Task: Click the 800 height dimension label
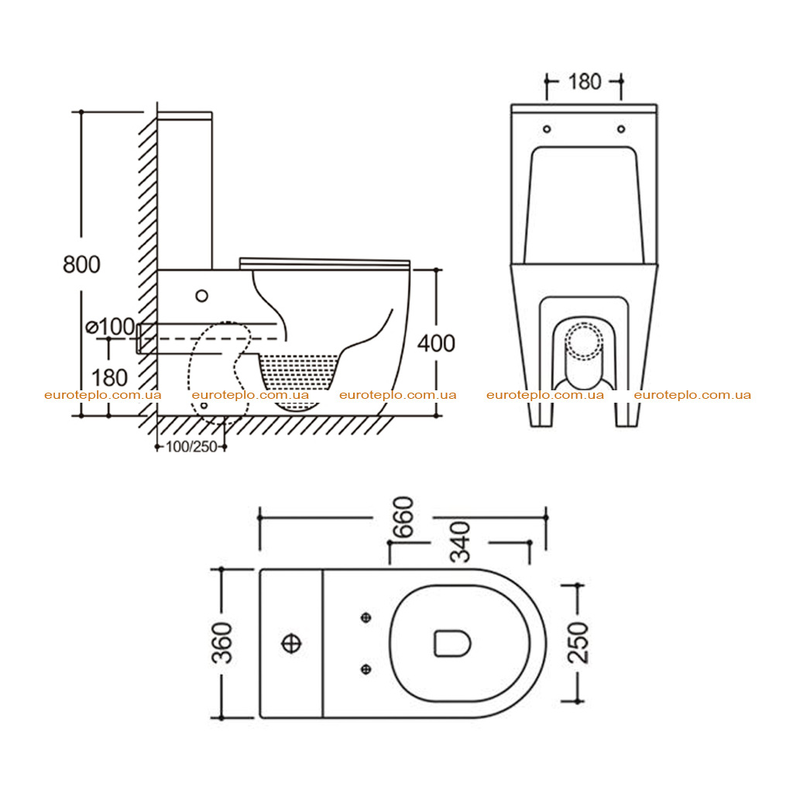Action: coord(81,265)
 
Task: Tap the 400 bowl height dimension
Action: coord(436,343)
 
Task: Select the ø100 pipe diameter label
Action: coord(110,327)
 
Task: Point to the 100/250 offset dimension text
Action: coord(191,447)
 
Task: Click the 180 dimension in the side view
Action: coord(109,378)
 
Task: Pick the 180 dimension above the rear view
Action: coord(585,82)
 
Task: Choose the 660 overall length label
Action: coord(403,517)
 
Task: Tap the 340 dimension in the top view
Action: coord(460,542)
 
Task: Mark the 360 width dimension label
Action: coord(222,643)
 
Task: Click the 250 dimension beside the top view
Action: coord(578,643)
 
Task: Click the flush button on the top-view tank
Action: coord(291,644)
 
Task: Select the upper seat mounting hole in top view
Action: coord(366,617)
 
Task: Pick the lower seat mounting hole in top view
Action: coord(366,670)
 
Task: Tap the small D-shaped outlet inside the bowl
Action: coord(452,644)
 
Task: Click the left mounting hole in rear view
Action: coord(547,129)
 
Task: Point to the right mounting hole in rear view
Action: coord(621,129)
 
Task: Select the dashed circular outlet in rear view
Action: coord(584,341)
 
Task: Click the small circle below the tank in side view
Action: coord(202,296)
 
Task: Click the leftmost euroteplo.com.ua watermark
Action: coord(103,395)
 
